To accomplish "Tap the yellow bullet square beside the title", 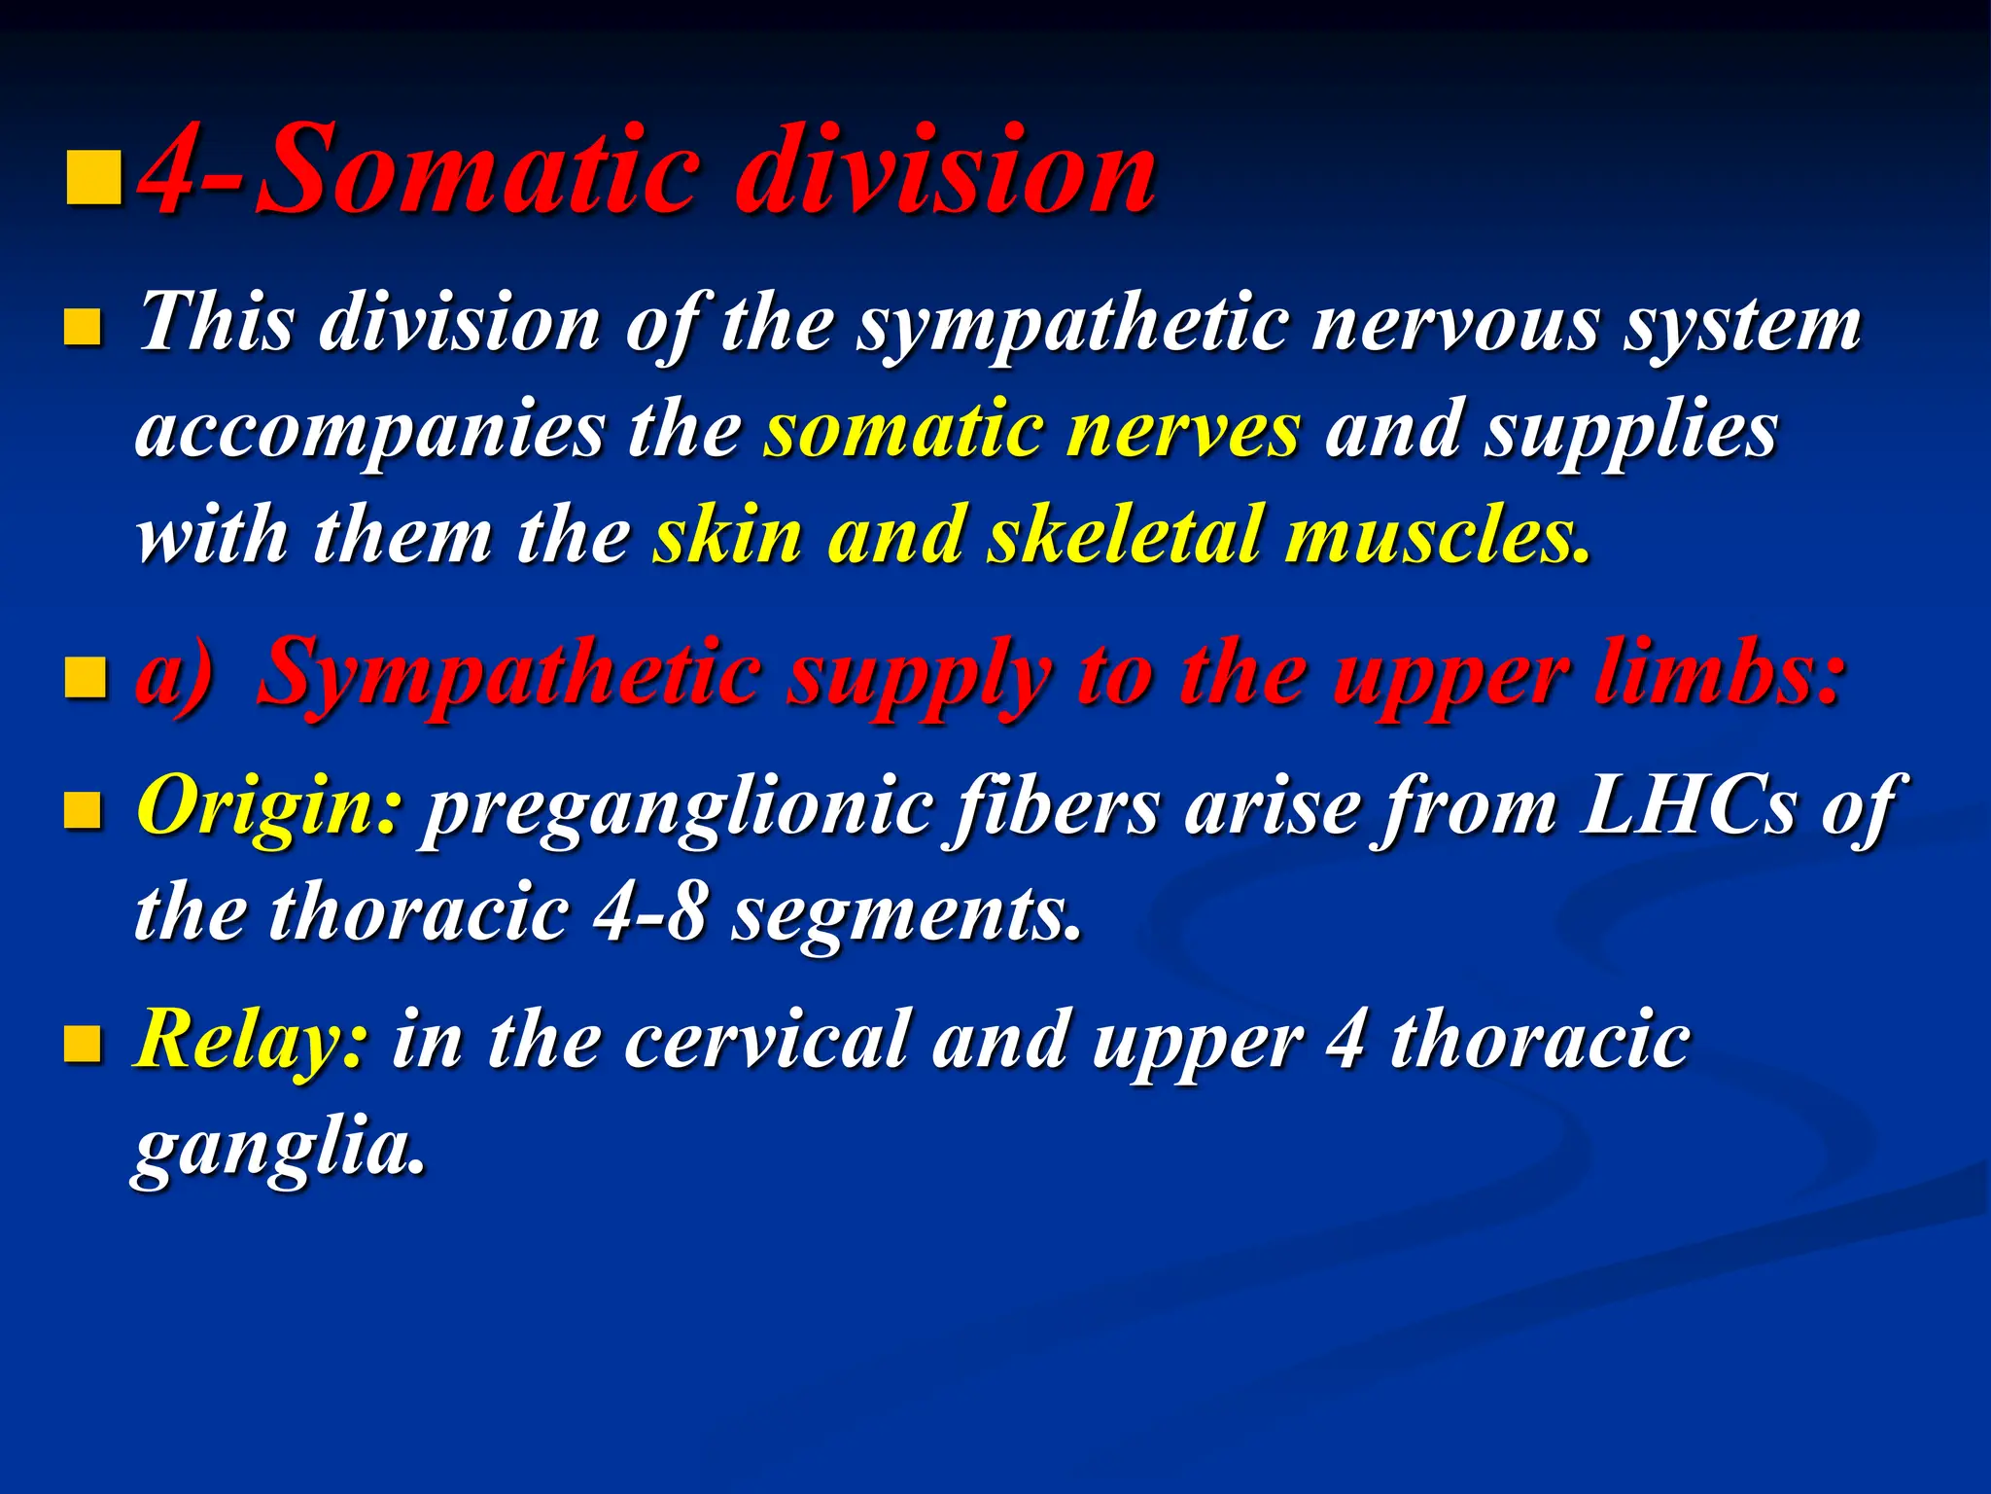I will (x=94, y=177).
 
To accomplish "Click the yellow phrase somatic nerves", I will (x=1030, y=431).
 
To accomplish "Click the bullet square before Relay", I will (x=83, y=1045).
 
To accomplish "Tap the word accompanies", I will (x=369, y=431).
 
